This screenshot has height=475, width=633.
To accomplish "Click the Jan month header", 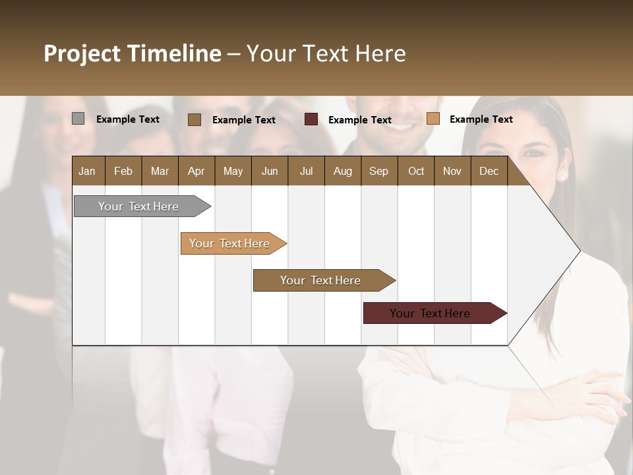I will (87, 172).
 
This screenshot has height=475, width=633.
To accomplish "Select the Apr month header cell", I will (196, 172).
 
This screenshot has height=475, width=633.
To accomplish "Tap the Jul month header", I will (306, 172).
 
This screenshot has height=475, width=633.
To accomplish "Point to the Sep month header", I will (378, 172).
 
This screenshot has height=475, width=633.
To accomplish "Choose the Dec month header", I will (489, 172).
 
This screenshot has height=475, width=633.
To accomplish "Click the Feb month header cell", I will (123, 172).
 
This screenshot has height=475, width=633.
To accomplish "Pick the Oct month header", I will (416, 172).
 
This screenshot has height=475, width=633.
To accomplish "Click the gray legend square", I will (78, 119).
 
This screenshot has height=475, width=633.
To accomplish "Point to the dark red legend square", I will (311, 119).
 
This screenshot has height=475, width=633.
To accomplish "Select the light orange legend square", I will (433, 119).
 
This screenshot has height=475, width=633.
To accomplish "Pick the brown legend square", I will (194, 119).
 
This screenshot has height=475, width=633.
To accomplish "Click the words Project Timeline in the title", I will (132, 53).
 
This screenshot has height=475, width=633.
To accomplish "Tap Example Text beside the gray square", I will (128, 119).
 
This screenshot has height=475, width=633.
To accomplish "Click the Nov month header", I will (452, 172).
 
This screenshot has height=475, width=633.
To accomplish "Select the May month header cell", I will (233, 172).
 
